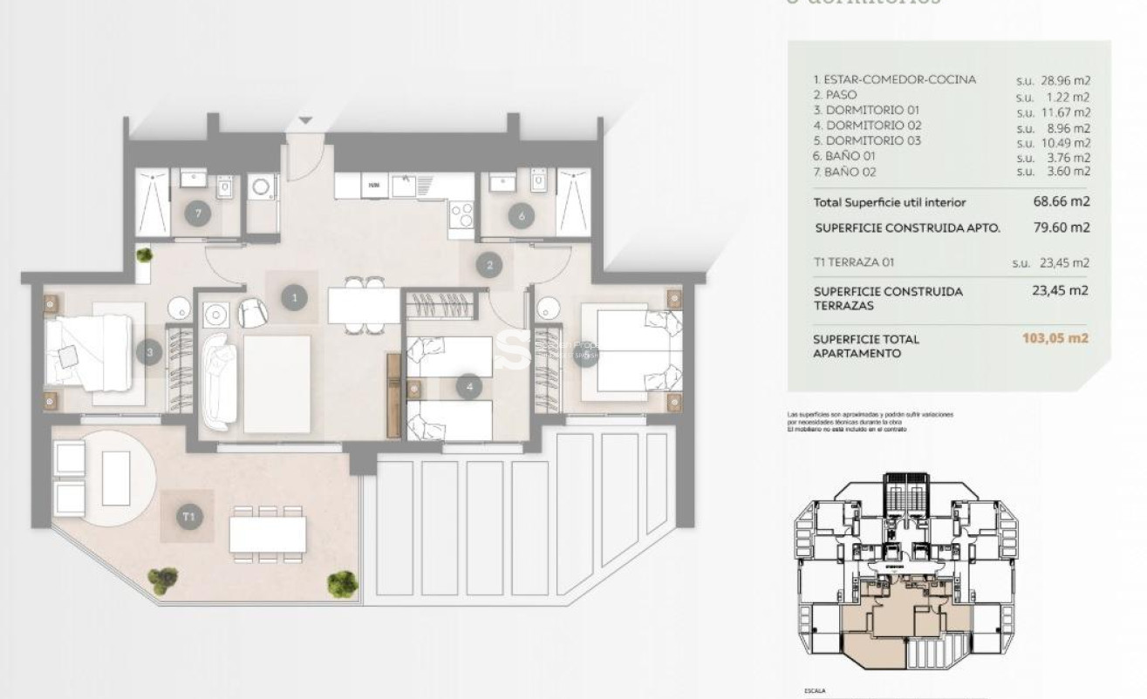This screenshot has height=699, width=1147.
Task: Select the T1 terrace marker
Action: tap(188, 517)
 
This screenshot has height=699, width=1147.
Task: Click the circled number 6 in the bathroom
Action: tap(522, 216)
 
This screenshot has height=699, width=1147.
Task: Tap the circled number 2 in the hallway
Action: tap(490, 265)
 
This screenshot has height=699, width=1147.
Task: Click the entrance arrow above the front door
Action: tap(304, 120)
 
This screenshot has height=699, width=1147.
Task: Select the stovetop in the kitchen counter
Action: tap(461, 214)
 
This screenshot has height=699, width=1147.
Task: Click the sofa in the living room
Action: tap(219, 383)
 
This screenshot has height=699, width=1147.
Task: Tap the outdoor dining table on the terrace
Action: tap(268, 533)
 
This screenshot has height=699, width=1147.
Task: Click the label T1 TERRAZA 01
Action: tap(854, 261)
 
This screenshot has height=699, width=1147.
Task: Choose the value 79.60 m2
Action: tap(1061, 227)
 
